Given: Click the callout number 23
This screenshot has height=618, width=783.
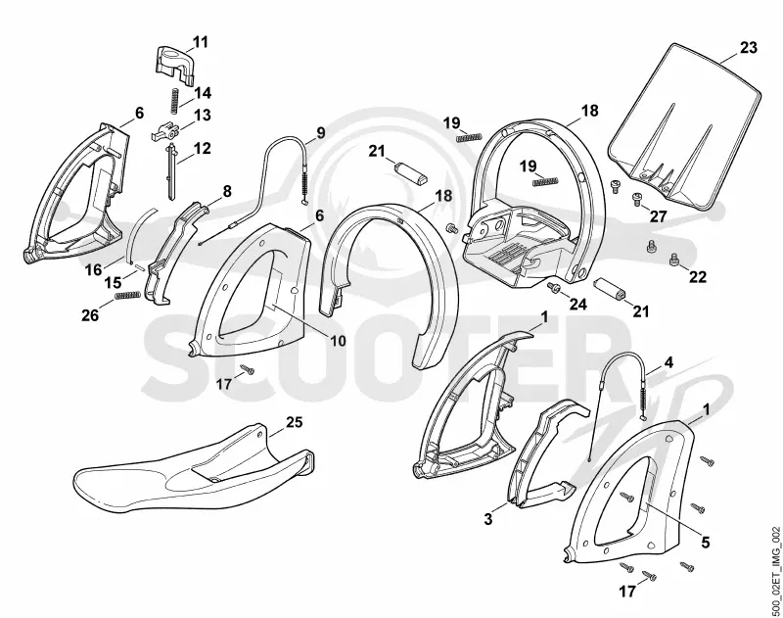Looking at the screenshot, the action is coord(748,48).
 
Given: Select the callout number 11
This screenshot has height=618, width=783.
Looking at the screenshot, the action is coord(200,41).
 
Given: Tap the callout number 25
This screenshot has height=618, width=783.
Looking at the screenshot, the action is coord(295,422).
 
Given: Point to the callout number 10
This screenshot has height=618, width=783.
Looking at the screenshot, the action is coord(338,341).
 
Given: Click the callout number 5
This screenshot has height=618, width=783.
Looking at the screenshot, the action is coord(705,542).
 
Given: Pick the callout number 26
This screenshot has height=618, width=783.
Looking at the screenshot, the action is coord(90,315).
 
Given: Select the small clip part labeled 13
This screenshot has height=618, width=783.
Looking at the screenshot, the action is coord(164,132).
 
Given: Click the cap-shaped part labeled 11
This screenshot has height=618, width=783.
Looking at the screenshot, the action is coord(173,63).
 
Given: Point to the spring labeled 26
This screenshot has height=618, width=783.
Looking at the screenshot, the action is coord(126,296).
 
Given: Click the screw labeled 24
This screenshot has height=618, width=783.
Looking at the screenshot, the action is coord(553,287).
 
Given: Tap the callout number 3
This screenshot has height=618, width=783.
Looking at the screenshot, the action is coord(487,519).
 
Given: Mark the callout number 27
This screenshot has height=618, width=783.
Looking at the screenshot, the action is coord(658,216).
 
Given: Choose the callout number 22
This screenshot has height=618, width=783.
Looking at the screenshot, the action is coord(697,276).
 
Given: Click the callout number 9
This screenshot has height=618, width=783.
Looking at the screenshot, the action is coord(320,132).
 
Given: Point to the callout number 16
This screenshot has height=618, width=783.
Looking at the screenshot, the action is coord(93,269).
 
